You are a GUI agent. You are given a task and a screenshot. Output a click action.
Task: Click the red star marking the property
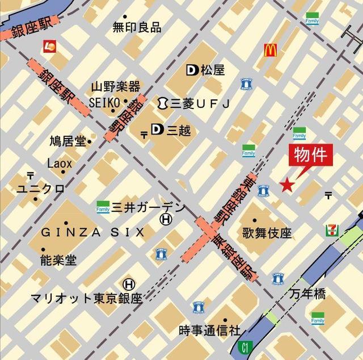[x=288, y=185]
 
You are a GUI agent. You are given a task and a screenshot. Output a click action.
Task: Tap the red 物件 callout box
[x=311, y=155]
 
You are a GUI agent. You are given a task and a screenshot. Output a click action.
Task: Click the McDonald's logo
[x=270, y=50]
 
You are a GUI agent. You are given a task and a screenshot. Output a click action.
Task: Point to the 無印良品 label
[x=137, y=27]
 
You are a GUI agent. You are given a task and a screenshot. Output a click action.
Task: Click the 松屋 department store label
[x=212, y=70]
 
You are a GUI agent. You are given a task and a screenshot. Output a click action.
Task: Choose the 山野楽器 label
[x=115, y=87]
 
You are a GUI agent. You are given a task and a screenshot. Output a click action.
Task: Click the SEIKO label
[x=104, y=101]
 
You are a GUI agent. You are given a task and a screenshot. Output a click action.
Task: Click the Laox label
[x=60, y=164]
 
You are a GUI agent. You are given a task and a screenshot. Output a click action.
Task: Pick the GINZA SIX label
[x=92, y=232]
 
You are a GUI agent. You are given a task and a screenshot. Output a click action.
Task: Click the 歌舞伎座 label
[x=267, y=233]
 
